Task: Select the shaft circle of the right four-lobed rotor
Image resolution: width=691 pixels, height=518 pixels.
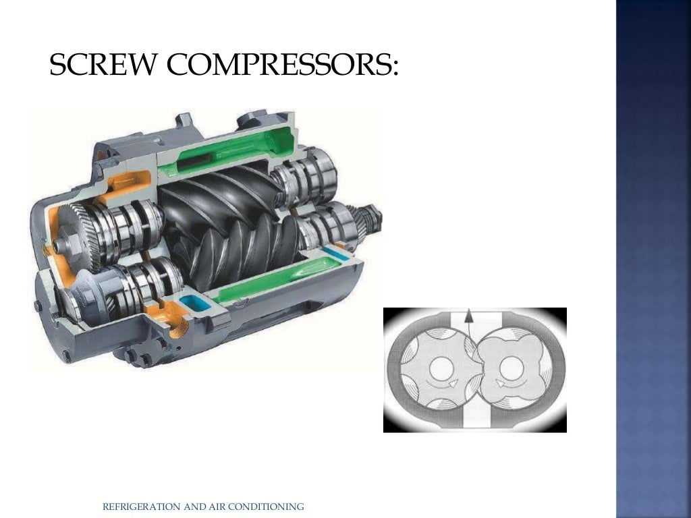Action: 509,367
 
